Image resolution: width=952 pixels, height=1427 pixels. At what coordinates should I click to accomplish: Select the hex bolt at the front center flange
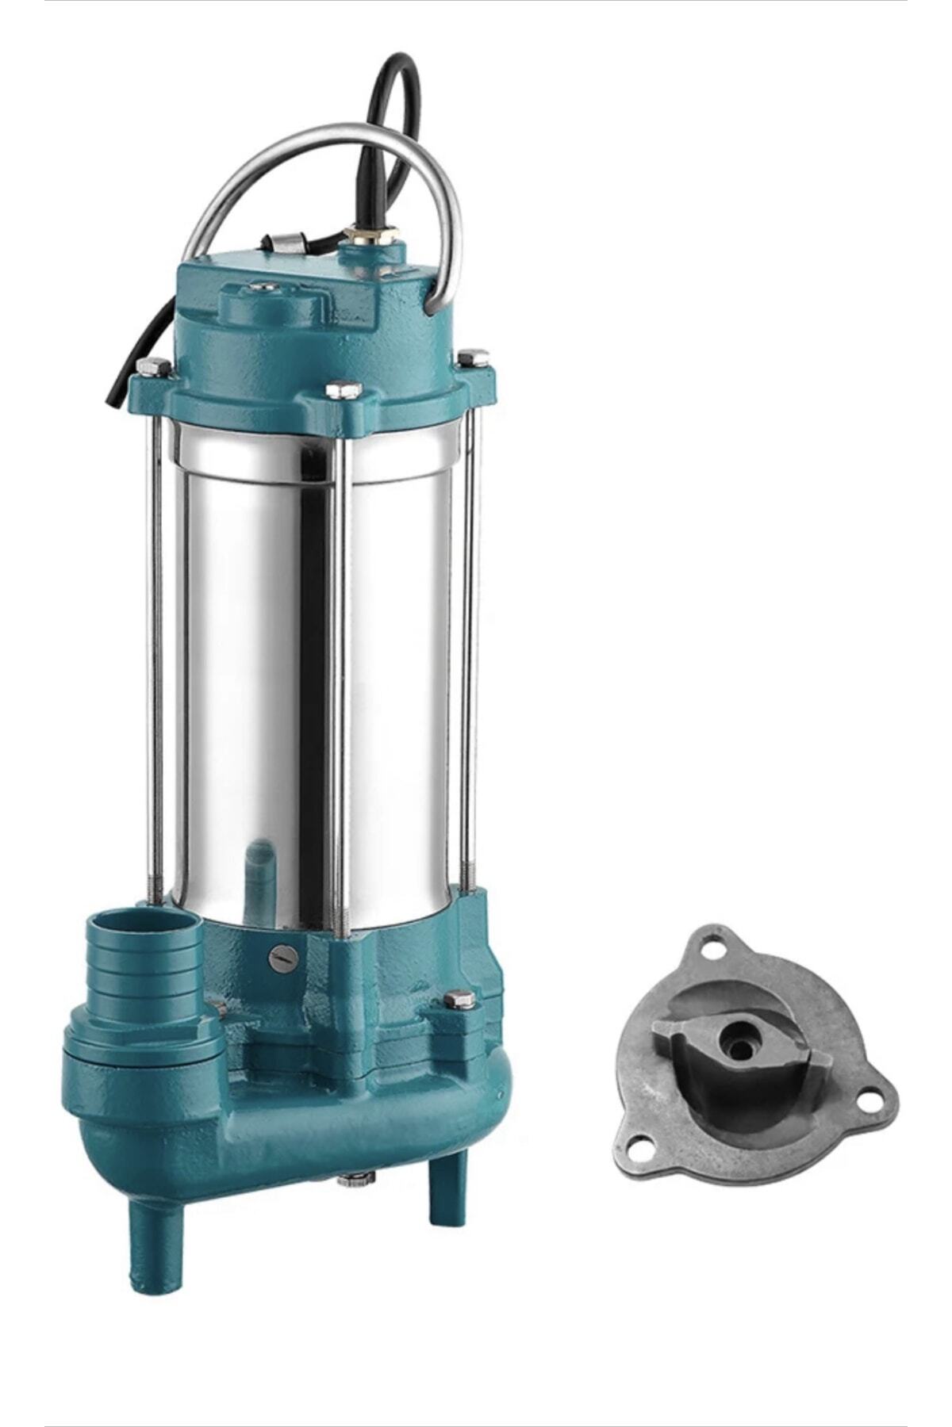[x=344, y=389]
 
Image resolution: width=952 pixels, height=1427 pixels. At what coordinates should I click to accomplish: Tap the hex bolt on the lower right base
[x=459, y=999]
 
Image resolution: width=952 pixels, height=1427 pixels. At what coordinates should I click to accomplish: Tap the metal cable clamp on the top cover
[x=278, y=240]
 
